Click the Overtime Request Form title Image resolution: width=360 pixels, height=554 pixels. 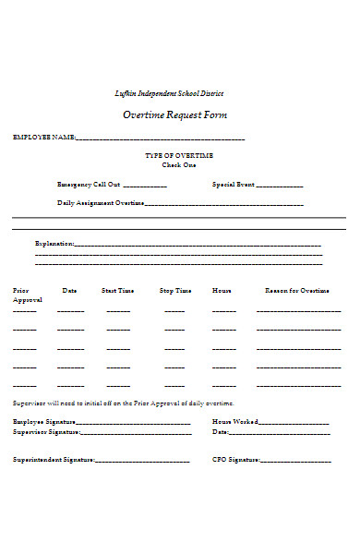coord(174,115)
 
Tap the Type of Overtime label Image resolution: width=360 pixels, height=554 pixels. coord(179,154)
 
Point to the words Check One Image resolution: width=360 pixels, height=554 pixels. coord(179,164)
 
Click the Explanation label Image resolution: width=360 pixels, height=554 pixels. coord(53,244)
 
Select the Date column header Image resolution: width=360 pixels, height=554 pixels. coord(70,290)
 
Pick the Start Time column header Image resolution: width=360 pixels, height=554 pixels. coord(117,290)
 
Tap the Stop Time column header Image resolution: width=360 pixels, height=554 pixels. coord(175,290)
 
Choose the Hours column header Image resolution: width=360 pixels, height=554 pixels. coord(222,290)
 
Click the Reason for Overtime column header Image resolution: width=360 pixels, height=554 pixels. coord(296,290)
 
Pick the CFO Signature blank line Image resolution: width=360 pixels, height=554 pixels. coord(296,460)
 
